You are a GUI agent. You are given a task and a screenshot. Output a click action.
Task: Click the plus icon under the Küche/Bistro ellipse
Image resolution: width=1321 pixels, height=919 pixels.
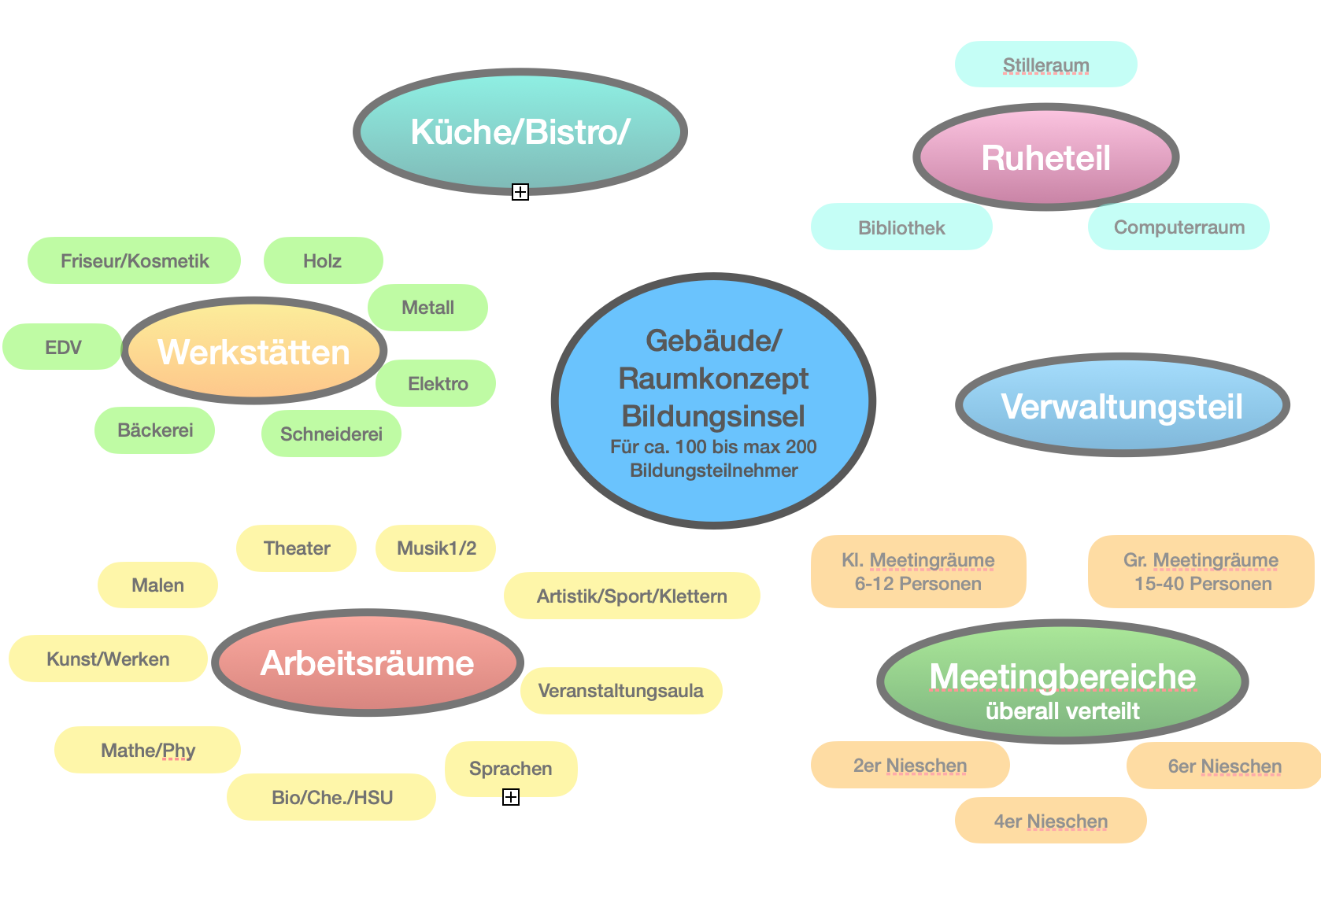pyautogui.click(x=520, y=192)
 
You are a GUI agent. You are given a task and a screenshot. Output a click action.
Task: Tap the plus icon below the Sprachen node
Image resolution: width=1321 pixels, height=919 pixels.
pyautogui.click(x=511, y=797)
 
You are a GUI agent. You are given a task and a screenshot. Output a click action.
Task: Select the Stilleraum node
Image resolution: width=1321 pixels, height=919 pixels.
pyautogui.click(x=1045, y=65)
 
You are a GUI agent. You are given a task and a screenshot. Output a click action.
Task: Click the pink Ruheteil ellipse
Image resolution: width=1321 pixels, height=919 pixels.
pyautogui.click(x=1045, y=157)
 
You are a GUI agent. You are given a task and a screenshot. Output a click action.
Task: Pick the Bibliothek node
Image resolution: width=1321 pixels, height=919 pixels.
pyautogui.click(x=901, y=227)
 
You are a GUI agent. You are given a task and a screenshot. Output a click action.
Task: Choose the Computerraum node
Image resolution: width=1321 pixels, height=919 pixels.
pyautogui.click(x=1179, y=227)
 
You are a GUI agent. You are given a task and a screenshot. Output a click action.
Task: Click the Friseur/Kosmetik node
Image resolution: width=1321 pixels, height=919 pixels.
pyautogui.click(x=135, y=260)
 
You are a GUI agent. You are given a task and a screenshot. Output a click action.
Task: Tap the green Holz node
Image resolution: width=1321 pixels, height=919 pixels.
pyautogui.click(x=323, y=260)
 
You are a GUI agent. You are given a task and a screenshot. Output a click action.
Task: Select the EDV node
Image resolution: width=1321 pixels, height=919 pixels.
pyautogui.click(x=63, y=347)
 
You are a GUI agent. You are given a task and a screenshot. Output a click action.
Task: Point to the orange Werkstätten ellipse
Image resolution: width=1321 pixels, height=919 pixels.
pyautogui.click(x=253, y=352)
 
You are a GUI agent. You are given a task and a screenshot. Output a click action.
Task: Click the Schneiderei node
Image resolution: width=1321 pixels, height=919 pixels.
pyautogui.click(x=331, y=434)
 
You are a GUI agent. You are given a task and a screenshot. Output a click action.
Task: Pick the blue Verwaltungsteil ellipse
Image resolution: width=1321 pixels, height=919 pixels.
pyautogui.click(x=1122, y=406)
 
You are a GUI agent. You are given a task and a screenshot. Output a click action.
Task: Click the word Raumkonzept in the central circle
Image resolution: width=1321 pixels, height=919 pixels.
pyautogui.click(x=713, y=378)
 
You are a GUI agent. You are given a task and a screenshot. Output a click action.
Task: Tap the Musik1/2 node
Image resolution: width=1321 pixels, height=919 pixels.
pyautogui.click(x=436, y=548)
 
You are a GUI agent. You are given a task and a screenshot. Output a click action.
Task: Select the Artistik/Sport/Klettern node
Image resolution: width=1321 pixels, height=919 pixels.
pyautogui.click(x=631, y=596)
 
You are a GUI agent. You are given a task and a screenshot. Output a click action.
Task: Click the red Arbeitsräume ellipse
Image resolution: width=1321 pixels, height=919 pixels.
pyautogui.click(x=367, y=662)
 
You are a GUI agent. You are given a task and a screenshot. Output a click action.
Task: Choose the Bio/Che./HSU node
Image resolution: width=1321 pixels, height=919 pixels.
pyautogui.click(x=331, y=797)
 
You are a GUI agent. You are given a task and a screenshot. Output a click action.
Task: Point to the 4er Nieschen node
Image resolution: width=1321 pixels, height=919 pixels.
pyautogui.click(x=1050, y=821)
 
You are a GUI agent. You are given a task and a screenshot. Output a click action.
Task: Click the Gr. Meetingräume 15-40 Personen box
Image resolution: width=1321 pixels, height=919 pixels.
pyautogui.click(x=1201, y=572)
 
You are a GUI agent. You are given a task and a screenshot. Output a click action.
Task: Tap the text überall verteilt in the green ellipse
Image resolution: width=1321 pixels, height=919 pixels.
pyautogui.click(x=1062, y=711)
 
